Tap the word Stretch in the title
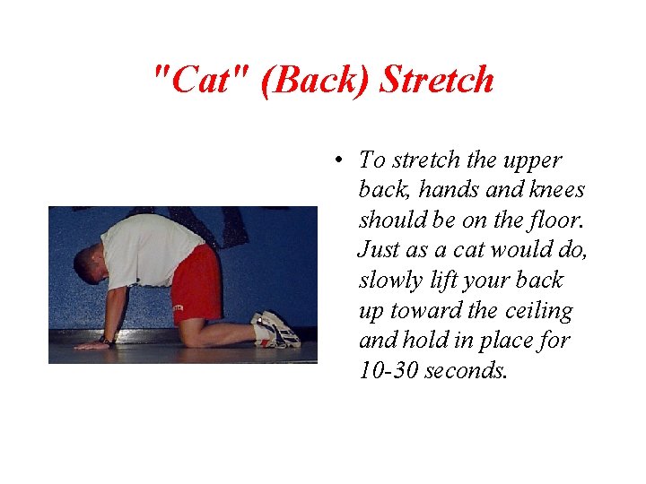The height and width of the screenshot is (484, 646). pos(436,80)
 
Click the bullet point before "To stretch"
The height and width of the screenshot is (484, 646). pos(337,161)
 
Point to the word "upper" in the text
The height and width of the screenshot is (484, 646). pos(532,161)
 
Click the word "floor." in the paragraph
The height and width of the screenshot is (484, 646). pos(543,220)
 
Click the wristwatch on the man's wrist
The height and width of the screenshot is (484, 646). pos(109,341)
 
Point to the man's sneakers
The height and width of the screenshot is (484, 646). pos(275,330)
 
